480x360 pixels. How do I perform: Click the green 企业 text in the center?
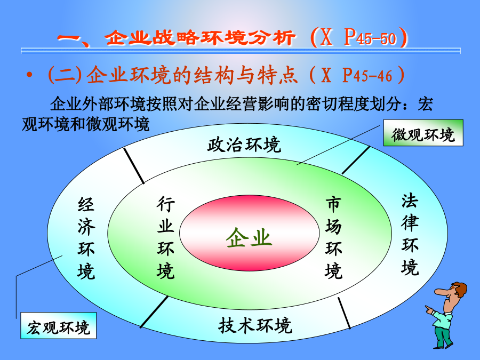click(249, 237)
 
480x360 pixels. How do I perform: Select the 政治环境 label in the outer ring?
click(244, 145)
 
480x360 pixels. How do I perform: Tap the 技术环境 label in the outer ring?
click(255, 325)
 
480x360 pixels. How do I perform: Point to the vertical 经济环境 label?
click(86, 238)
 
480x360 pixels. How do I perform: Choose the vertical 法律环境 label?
click(410, 234)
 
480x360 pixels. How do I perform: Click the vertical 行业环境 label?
click(166, 237)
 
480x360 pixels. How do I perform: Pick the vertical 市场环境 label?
click(333, 238)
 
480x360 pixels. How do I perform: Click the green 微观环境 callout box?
click(423, 133)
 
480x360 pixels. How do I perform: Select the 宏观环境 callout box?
click(59, 325)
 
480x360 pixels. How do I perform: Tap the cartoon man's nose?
click(439, 291)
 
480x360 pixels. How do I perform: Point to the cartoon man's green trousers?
click(443, 336)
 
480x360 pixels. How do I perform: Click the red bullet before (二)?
click(29, 75)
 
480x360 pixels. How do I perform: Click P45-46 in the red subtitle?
click(367, 75)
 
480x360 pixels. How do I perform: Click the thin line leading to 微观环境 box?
click(339, 145)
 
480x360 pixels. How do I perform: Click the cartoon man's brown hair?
click(459, 289)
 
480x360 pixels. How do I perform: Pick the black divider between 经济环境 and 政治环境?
click(134, 166)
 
